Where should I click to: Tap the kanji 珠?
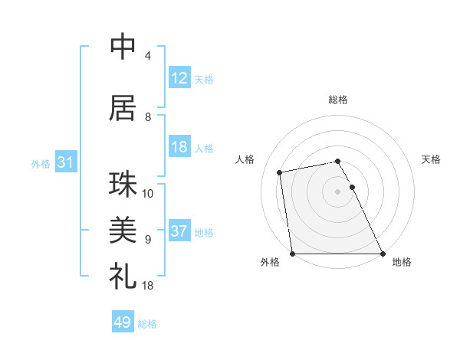pos(123,185)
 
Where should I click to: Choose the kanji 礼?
pos(123,273)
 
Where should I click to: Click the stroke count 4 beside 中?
pos(148,56)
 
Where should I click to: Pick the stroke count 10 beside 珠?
pos(148,194)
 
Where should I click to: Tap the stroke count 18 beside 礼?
pos(148,286)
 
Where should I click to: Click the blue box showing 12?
pos(179,78)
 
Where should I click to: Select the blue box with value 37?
pos(179,231)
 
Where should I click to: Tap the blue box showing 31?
pos(65,162)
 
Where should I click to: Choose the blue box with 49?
pos(123,322)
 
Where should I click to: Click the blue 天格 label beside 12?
pos(204,79)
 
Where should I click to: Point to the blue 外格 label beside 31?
pos(41,163)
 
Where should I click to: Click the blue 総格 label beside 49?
pos(147,323)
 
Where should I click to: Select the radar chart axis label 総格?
pos(338,100)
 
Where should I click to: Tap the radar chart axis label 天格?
pos(431,159)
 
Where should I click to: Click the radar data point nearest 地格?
pos(383,254)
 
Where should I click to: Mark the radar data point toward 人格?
pos(280,172)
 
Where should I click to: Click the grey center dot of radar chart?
pos(337,191)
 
